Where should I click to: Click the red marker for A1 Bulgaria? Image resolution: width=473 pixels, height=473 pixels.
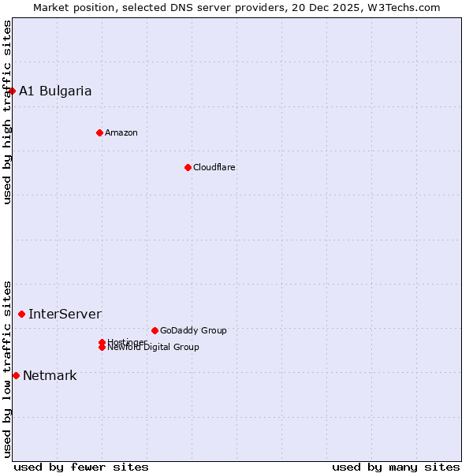12,91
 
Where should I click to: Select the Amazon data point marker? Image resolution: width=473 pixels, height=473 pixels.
99,132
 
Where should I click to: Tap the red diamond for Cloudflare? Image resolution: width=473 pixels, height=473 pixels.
188,167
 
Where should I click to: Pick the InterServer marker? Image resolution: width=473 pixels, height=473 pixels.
21,314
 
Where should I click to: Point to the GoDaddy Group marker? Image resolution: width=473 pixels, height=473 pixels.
155,330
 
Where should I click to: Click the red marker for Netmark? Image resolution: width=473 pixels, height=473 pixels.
16,375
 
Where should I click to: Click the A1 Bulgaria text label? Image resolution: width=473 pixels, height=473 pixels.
55,91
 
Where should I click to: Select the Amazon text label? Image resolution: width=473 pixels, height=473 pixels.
121,132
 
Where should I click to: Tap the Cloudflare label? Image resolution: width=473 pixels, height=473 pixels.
214,167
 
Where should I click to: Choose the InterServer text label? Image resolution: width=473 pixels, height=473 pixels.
65,314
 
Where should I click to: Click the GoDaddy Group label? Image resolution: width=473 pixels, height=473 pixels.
193,330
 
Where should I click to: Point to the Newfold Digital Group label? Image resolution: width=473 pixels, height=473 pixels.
155,348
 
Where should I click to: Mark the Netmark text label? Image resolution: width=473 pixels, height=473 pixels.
50,375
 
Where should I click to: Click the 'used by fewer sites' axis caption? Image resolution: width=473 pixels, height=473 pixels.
81,467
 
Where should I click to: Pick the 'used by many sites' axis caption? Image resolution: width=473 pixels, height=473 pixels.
396,467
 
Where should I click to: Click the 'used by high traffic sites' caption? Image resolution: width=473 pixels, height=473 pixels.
7,112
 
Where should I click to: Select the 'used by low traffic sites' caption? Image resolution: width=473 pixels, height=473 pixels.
7,368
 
